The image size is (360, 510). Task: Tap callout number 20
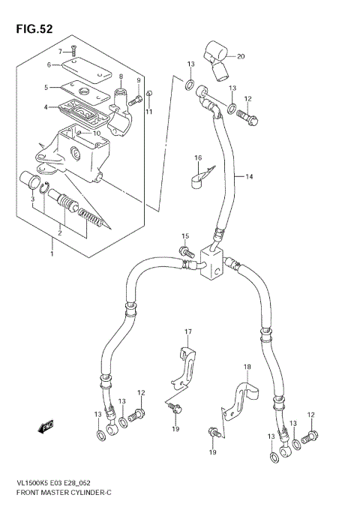tap(241, 56)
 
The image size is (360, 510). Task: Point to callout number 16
tap(199, 157)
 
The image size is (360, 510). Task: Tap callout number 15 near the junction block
tap(184, 237)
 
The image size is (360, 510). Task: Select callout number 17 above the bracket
tap(189, 331)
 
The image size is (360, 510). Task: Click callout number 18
tap(246, 367)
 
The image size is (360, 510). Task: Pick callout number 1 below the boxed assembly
tap(52, 254)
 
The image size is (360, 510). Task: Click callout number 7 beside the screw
tap(61, 50)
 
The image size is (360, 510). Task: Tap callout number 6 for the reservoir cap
tap(48, 65)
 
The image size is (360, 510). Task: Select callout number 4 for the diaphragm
tap(46, 107)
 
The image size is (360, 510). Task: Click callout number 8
tap(120, 77)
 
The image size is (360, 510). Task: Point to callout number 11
tap(148, 112)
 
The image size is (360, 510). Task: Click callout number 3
tap(33, 199)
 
